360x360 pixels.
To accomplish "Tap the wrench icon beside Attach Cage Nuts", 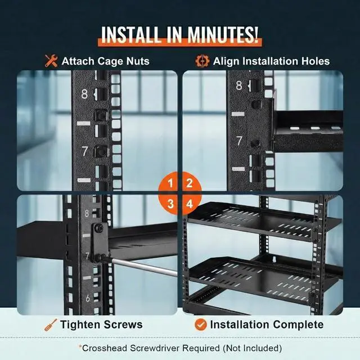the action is pos(51,61).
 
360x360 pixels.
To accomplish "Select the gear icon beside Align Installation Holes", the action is pos(202,61).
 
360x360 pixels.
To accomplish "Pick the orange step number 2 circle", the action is pos(190,183).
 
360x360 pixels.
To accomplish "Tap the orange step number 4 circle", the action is pos(190,203).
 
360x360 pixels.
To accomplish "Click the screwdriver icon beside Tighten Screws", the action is pos(51,325).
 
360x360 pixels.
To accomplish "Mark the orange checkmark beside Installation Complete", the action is pos(200,325).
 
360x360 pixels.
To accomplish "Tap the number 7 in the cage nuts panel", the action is pos(84,151).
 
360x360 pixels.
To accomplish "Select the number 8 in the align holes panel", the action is pos(239,86).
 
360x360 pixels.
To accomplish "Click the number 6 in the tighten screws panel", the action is pos(87,298).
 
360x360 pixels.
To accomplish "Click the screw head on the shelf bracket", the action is pos(98,228).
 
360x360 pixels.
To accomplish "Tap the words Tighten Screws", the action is pos(101,325).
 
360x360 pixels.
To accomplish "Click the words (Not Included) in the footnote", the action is pos(253,348).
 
